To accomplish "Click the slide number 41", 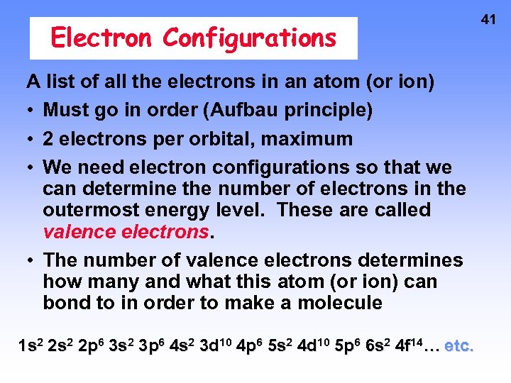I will pyautogui.click(x=488, y=20).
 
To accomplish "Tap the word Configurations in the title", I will pyautogui.click(x=249, y=38).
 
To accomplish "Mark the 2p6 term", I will pyautogui.click(x=91, y=346).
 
